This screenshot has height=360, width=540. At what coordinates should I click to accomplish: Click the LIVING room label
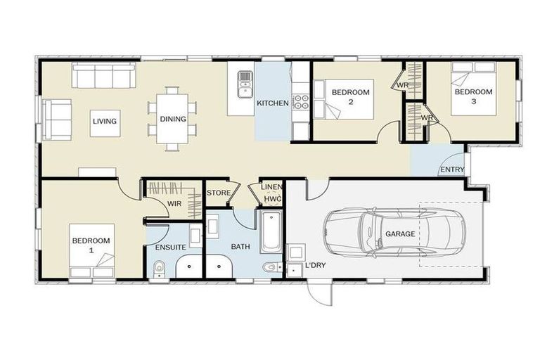point(104,122)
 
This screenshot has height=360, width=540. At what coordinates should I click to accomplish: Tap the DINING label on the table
point(173,119)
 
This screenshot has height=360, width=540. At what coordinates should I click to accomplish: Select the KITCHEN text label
point(272,103)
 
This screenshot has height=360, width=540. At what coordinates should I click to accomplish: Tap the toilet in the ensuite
point(160,268)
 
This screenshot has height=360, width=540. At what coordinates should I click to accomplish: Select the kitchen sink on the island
point(245,83)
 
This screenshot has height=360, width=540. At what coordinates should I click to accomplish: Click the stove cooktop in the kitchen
point(301,102)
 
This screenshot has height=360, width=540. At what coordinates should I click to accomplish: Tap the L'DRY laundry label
point(314,266)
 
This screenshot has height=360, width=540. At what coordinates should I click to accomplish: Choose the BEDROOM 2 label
point(350,96)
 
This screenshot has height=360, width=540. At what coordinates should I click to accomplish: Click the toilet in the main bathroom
point(270,268)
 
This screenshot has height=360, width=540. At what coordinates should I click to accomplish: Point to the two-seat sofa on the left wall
point(57,119)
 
